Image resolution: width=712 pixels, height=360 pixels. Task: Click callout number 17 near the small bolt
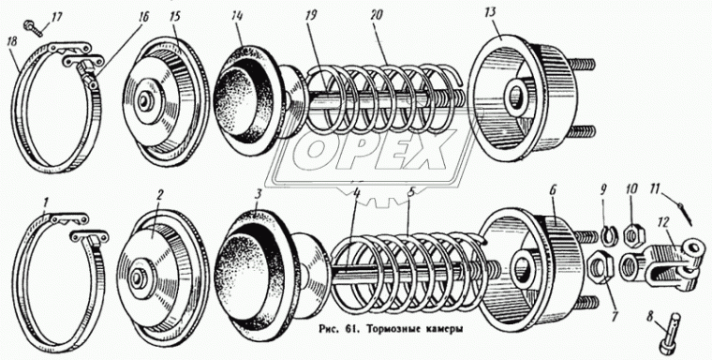pos(57,16)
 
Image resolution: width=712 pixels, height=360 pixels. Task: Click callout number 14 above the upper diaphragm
pos(237,18)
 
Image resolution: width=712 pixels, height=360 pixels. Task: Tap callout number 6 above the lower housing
pos(552,190)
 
